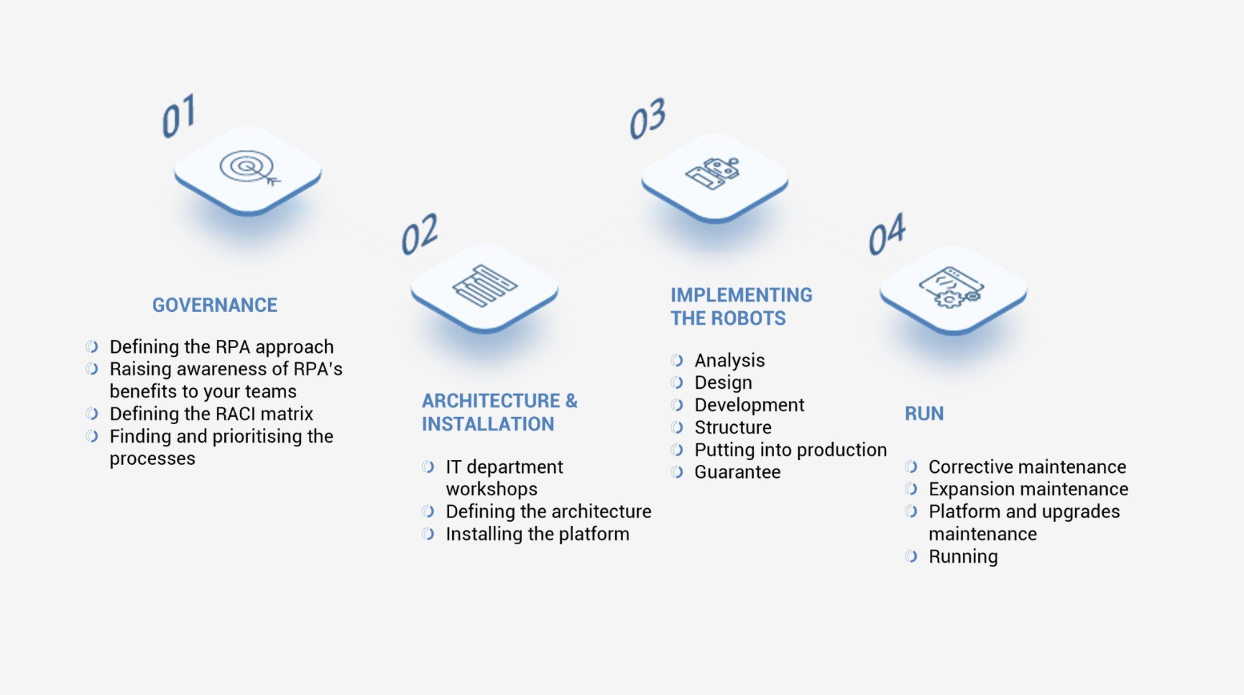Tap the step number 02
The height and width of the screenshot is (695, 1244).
point(420,234)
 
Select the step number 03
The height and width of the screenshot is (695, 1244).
point(648,119)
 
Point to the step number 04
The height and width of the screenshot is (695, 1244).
point(887,234)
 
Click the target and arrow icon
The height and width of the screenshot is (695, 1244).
point(249,169)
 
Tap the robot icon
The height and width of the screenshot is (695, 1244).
point(714,173)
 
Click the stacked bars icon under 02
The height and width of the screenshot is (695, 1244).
point(484,286)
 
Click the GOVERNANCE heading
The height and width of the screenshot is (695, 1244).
point(214,305)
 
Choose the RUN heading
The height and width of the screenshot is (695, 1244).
point(924,414)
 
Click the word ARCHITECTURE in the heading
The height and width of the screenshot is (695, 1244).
point(491,401)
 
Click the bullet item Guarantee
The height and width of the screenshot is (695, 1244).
point(737,472)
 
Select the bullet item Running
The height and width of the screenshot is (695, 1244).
point(963,557)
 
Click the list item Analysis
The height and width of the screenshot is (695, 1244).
point(729,361)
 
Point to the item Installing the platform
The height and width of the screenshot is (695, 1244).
point(538,535)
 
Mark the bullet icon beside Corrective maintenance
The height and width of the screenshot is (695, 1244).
point(911,467)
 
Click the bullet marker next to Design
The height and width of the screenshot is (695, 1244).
point(677,383)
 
